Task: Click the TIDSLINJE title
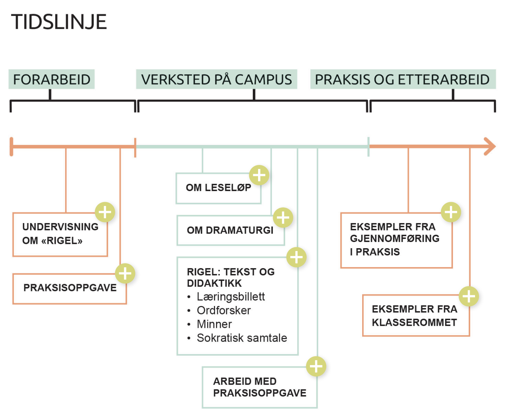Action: click(59, 22)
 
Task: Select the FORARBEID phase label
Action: click(52, 79)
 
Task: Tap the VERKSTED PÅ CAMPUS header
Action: click(216, 79)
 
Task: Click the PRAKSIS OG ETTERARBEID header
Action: click(403, 79)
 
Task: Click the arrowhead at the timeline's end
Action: click(490, 146)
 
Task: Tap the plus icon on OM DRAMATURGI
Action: click(283, 217)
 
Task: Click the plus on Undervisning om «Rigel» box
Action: click(105, 212)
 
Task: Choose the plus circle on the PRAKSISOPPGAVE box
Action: click(125, 273)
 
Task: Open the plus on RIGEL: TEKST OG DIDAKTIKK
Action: click(296, 257)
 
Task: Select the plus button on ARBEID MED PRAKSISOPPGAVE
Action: click(316, 366)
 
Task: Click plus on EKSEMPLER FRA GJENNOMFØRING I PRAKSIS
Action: click(451, 212)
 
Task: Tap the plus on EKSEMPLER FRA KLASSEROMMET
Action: click(469, 297)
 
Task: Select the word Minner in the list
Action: click(214, 324)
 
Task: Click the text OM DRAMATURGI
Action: click(230, 230)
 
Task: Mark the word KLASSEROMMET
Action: click(414, 323)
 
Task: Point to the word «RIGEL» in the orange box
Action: click(62, 241)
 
